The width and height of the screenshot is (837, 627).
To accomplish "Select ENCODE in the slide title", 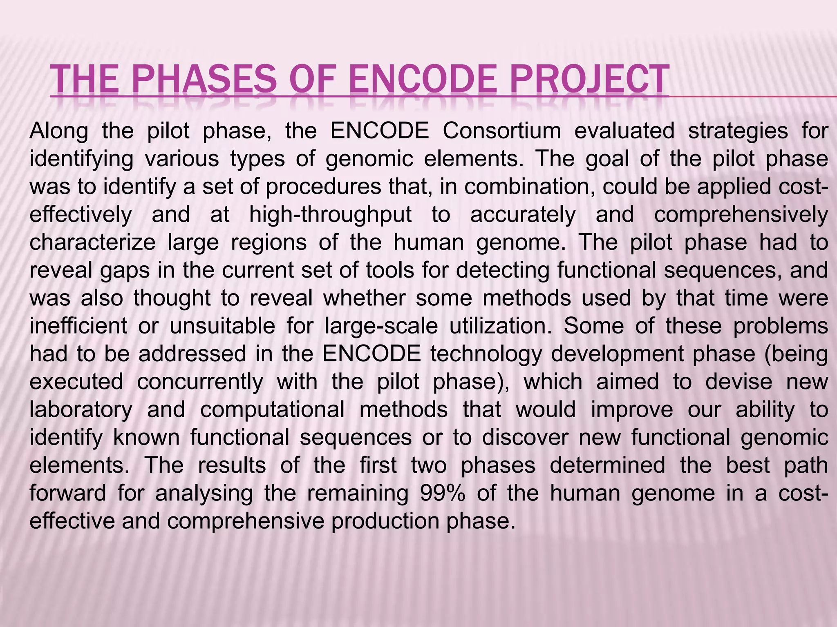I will [x=416, y=79].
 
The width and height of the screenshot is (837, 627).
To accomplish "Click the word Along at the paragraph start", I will [x=59, y=131].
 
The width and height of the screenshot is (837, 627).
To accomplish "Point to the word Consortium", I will [x=502, y=131].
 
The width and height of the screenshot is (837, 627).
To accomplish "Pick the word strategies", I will [x=738, y=131].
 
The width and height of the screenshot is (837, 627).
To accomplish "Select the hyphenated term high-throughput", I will [x=330, y=215].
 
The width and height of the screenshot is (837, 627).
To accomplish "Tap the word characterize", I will [x=92, y=242].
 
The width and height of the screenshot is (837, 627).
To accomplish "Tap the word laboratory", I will [x=81, y=410].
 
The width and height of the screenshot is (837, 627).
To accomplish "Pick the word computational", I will [x=272, y=410].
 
